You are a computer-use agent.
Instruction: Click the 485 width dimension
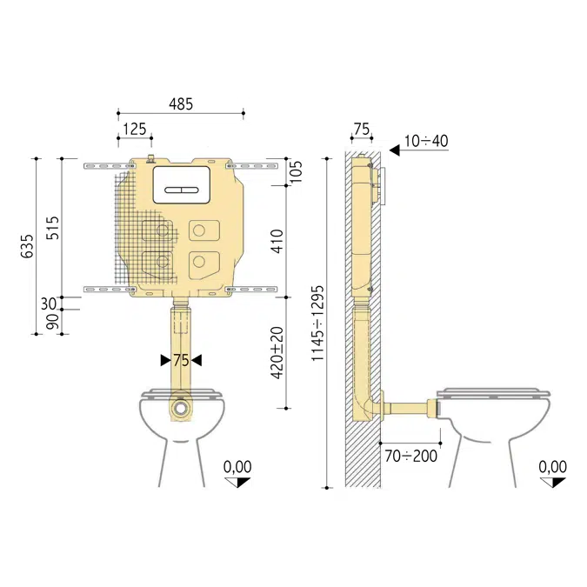(x=181, y=104)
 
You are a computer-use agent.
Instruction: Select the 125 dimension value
(x=134, y=129)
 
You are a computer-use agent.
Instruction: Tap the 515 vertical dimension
(x=51, y=227)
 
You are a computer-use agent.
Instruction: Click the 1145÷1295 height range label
(x=317, y=323)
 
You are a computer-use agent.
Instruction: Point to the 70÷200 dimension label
(x=411, y=455)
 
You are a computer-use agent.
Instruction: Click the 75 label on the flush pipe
(x=180, y=360)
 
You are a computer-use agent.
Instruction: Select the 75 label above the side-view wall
(x=361, y=129)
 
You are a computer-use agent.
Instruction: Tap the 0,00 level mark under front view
(x=237, y=467)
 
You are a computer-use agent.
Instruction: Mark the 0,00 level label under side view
(x=552, y=467)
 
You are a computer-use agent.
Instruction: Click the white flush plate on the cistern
(x=181, y=184)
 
